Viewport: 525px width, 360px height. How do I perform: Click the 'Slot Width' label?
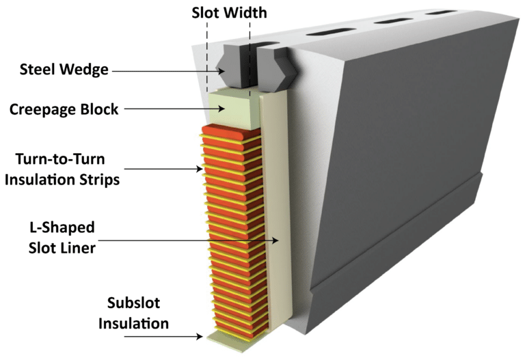(x=229, y=12)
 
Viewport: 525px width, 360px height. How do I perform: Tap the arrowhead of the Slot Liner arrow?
(x=277, y=240)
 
